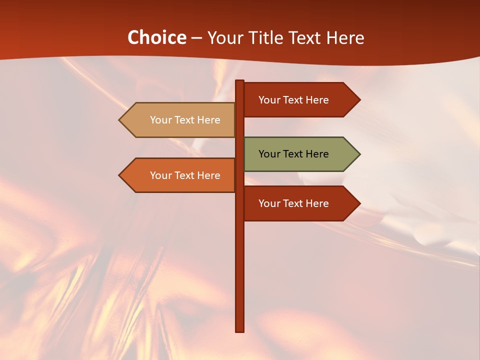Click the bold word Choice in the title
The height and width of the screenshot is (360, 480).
pos(156,37)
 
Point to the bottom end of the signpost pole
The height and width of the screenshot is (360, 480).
pos(240,330)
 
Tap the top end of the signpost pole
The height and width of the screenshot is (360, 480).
pos(240,82)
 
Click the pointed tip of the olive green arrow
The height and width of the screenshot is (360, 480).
pos(359,154)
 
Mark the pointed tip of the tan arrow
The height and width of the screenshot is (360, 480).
pos(120,120)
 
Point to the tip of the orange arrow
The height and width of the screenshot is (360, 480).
pos(120,175)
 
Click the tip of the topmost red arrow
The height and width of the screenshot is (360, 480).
pos(359,100)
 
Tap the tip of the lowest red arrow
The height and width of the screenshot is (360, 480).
pos(359,203)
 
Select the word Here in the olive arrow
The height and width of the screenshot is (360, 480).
pos(316,154)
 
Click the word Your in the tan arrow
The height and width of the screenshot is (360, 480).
pos(160,120)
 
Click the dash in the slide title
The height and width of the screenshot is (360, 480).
pos(196,38)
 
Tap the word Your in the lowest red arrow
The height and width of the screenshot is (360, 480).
pos(269,203)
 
